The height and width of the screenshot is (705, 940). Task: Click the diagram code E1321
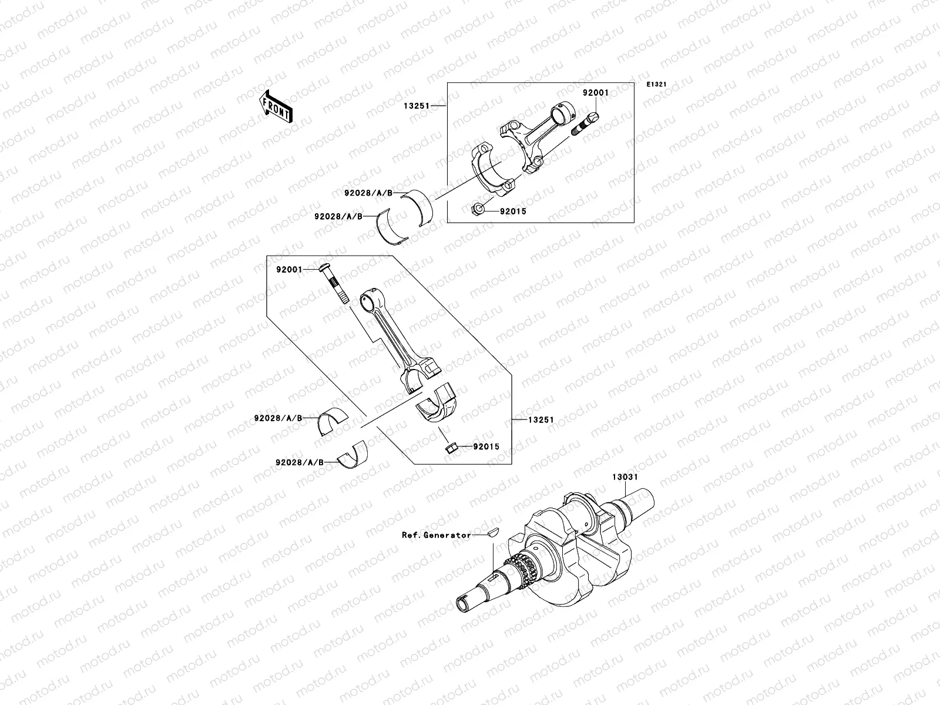pyautogui.click(x=657, y=85)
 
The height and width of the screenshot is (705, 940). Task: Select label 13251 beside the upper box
pyautogui.click(x=431, y=106)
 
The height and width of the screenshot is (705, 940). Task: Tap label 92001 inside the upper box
pyautogui.click(x=595, y=93)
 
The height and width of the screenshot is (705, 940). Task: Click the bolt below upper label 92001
pyautogui.click(x=587, y=123)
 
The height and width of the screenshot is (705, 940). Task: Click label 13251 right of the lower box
pyautogui.click(x=541, y=420)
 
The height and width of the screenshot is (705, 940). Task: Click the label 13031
pyautogui.click(x=623, y=477)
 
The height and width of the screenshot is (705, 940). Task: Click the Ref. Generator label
pyautogui.click(x=436, y=535)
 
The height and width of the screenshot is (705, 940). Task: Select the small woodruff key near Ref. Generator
pyautogui.click(x=491, y=533)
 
